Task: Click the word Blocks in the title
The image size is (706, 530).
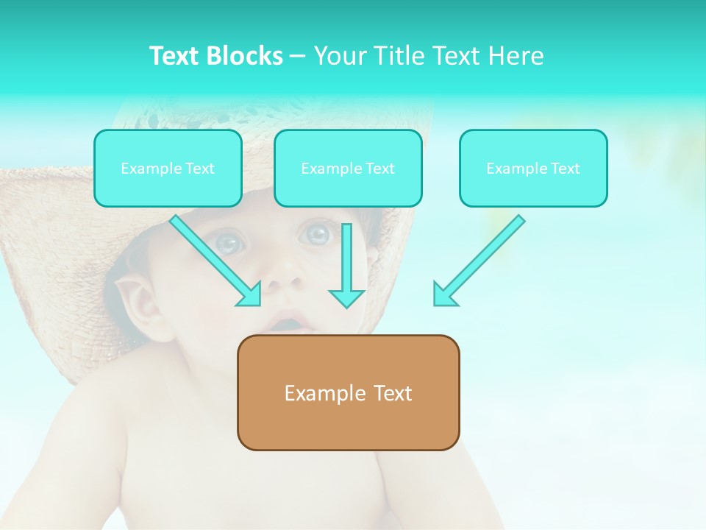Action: pyautogui.click(x=246, y=56)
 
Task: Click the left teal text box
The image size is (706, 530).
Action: pyautogui.click(x=168, y=168)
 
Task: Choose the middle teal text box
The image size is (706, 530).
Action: pyautogui.click(x=348, y=168)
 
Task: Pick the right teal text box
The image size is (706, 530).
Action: pyautogui.click(x=533, y=168)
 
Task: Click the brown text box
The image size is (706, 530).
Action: pyautogui.click(x=348, y=392)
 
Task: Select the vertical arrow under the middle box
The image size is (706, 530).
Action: pyautogui.click(x=346, y=265)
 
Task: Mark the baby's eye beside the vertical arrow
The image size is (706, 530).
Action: pyautogui.click(x=318, y=234)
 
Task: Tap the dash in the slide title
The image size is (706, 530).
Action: pyautogui.click(x=298, y=56)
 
